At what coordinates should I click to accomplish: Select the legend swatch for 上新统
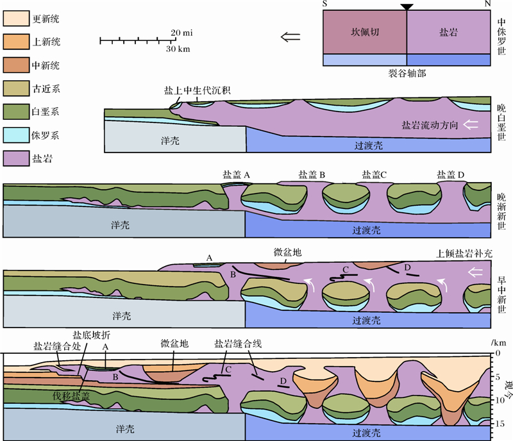[16, 42]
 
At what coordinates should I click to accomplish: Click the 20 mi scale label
[183, 32]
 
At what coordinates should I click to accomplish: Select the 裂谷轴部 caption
[407, 74]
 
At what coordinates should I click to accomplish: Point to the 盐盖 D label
[451, 174]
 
